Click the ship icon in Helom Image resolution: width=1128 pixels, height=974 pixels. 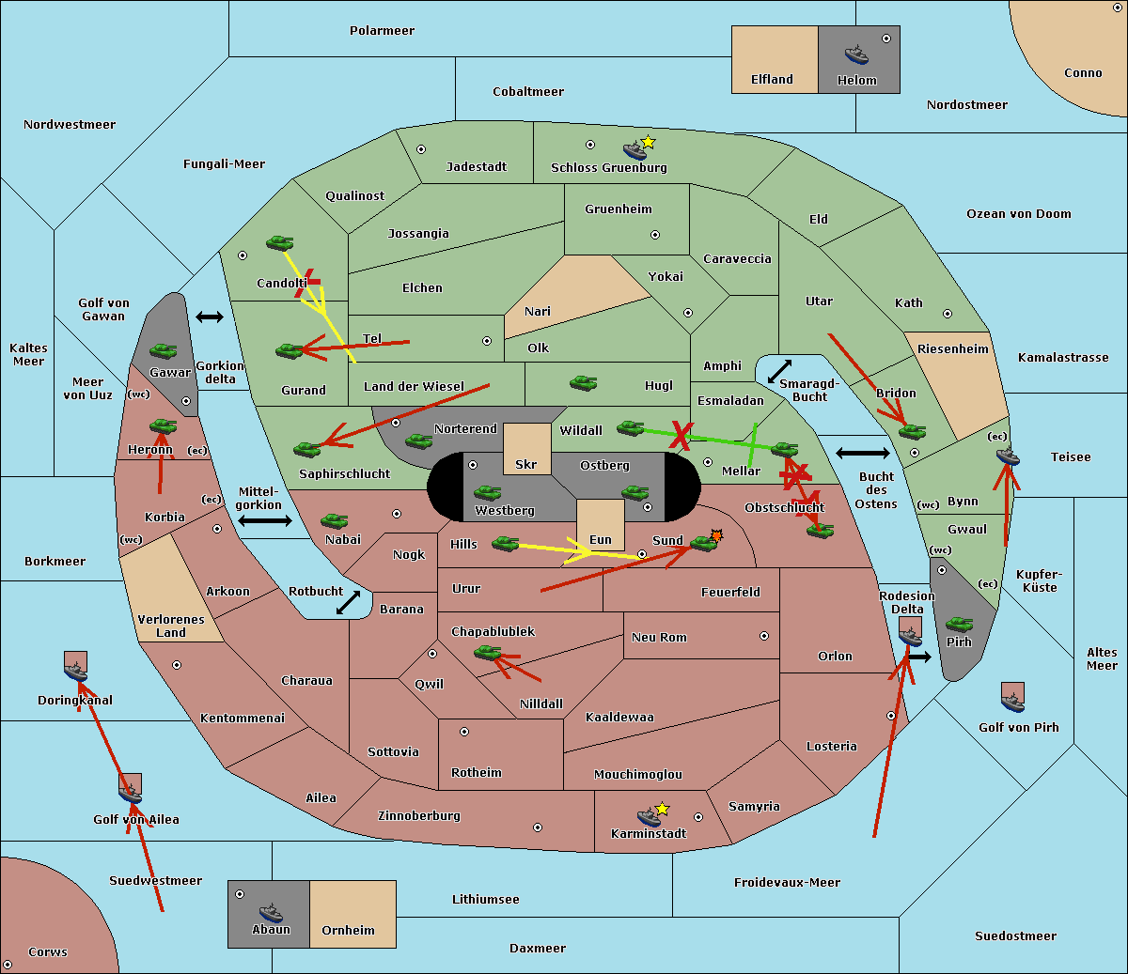point(856,54)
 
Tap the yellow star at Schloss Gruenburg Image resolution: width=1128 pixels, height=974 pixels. point(648,143)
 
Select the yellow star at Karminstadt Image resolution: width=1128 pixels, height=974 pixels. point(662,809)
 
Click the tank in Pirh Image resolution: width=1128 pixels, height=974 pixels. point(959,625)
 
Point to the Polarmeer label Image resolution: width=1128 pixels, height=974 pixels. point(382,31)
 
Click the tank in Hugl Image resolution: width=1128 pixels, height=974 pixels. point(583,383)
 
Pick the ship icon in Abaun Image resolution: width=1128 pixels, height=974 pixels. point(271,913)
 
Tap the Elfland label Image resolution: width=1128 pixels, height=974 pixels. point(772,80)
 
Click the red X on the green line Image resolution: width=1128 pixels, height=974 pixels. point(681,435)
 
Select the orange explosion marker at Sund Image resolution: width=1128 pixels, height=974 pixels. point(716,535)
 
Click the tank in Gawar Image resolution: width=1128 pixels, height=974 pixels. point(164,351)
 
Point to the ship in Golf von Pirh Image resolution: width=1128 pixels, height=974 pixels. point(1012,701)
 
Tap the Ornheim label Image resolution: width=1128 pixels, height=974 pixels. point(348,931)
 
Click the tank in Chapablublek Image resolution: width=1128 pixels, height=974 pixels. point(487,653)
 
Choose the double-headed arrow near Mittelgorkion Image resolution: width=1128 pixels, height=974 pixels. point(265,521)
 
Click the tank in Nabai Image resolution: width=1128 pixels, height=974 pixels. point(334,521)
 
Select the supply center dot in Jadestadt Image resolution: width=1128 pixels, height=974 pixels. point(421,149)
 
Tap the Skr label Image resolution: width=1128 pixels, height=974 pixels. point(526,465)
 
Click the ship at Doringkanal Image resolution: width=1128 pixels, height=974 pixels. point(76,671)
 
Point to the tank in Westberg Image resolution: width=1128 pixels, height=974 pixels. point(487,493)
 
